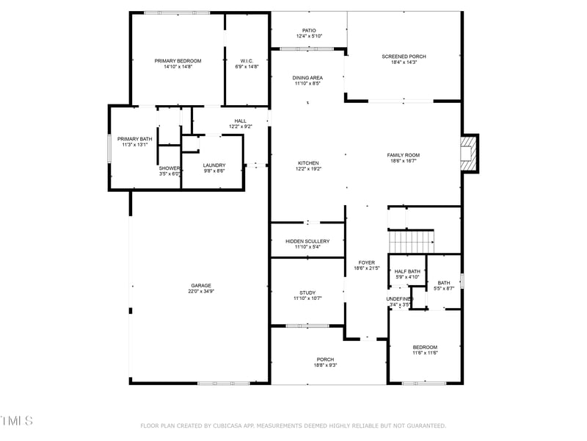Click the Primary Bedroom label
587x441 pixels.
178,61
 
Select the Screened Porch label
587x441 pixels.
404,57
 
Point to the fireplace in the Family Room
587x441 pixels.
467,154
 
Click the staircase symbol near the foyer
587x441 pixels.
410,240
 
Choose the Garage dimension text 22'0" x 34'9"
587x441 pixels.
201,292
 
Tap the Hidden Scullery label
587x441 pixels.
307,241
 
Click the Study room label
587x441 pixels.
307,293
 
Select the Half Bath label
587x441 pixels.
407,271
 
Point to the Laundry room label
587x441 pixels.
214,165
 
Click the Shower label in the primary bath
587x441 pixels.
169,168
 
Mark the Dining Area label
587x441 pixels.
307,78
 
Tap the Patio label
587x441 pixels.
309,31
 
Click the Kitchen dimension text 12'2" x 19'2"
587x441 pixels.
307,169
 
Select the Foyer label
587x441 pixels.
366,262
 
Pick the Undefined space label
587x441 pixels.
400,298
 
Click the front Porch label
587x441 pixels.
325,359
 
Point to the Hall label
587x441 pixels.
240,121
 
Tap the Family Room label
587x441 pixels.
403,155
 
